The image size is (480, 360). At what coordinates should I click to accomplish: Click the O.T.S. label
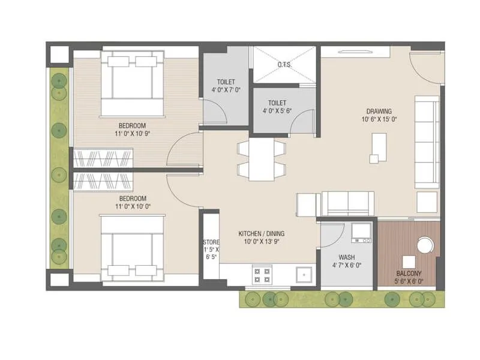pyautogui.click(x=284, y=65)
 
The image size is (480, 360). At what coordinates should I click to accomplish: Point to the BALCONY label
pyautogui.click(x=407, y=273)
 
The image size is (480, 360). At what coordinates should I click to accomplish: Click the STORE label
pyautogui.click(x=211, y=242)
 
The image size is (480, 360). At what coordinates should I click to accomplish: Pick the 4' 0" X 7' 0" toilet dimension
pyautogui.click(x=226, y=89)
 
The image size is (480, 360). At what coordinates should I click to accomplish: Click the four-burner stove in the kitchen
pyautogui.click(x=262, y=275)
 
